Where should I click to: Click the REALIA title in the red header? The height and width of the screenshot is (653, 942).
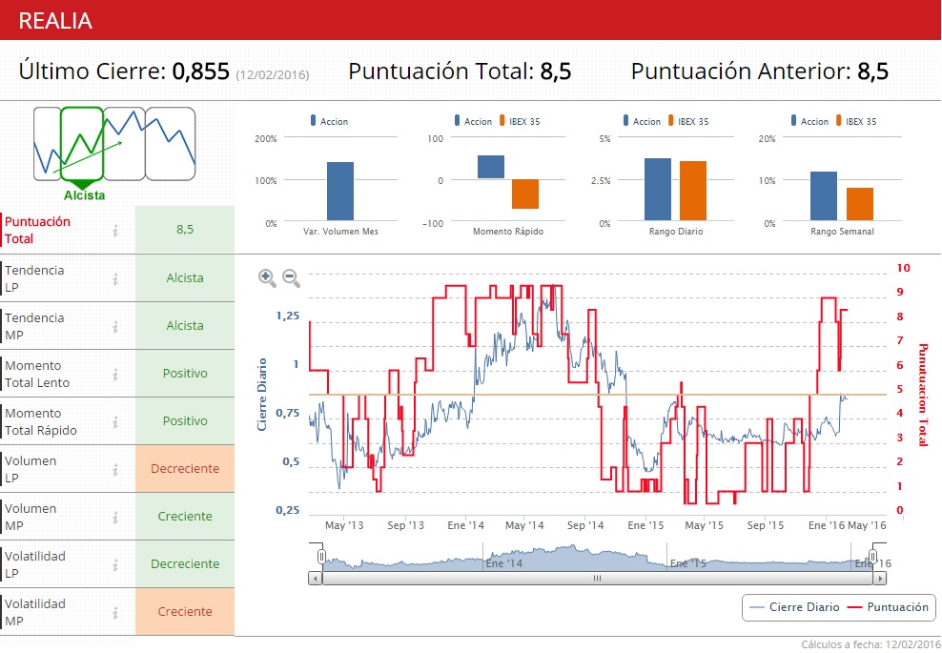[x=55, y=21]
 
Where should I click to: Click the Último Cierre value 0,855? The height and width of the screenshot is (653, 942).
[x=200, y=71]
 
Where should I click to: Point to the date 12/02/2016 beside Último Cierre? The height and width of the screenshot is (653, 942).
[x=273, y=74]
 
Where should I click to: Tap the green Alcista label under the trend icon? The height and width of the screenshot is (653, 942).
[x=85, y=195]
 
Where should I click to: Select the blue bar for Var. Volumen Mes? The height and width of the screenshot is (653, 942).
[x=340, y=192]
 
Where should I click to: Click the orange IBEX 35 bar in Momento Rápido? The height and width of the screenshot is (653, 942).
[x=525, y=194]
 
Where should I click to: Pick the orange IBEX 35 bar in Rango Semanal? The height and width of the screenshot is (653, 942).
[x=860, y=204]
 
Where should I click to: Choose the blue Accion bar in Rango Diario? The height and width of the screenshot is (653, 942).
[x=657, y=190]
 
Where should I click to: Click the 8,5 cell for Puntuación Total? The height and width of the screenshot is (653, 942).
[x=185, y=230]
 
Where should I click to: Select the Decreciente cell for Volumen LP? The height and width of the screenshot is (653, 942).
[x=185, y=468]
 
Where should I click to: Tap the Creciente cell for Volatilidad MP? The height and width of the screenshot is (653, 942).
[x=185, y=611]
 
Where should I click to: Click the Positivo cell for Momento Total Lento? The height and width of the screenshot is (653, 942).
[x=185, y=373]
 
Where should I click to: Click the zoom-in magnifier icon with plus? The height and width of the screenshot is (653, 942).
[x=267, y=278]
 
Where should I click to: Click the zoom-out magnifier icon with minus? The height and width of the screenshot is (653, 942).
[x=291, y=278]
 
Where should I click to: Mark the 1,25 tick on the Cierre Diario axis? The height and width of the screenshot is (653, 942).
[x=286, y=316]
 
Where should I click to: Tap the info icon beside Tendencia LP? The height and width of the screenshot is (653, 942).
[x=115, y=278]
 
